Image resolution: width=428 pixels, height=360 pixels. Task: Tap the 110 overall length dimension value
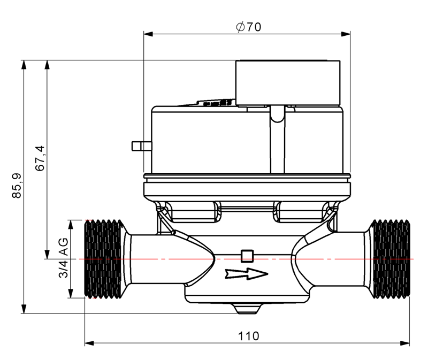coord(248,335)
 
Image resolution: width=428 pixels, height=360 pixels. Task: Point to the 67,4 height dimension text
coord(40,158)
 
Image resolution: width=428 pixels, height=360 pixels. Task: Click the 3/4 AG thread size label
coord(63,258)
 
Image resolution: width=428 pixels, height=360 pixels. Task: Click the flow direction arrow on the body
coord(246,274)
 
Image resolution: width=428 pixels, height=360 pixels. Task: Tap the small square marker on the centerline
coord(247,255)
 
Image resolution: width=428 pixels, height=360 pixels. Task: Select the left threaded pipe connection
coord(102,258)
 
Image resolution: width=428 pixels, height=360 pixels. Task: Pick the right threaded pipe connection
coord(390,258)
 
